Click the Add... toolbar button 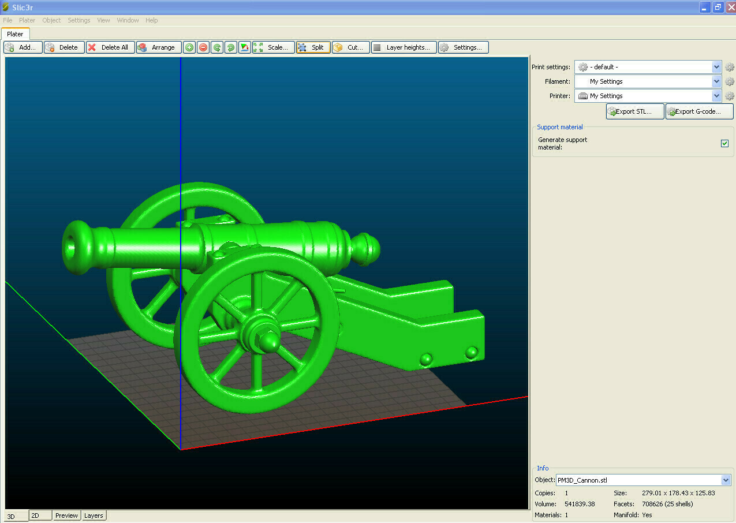pos(23,47)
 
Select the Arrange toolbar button pos(159,47)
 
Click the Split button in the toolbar pos(313,47)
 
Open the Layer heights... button pos(404,47)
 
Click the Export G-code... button pos(699,111)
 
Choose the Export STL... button pos(635,111)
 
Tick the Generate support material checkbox pos(724,143)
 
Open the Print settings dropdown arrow pos(716,67)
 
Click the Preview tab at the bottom pos(66,515)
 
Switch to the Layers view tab pos(94,515)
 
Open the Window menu pos(128,20)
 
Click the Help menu pos(151,20)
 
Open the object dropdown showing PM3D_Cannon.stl pos(725,480)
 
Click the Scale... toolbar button pos(273,47)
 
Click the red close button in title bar pos(730,7)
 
